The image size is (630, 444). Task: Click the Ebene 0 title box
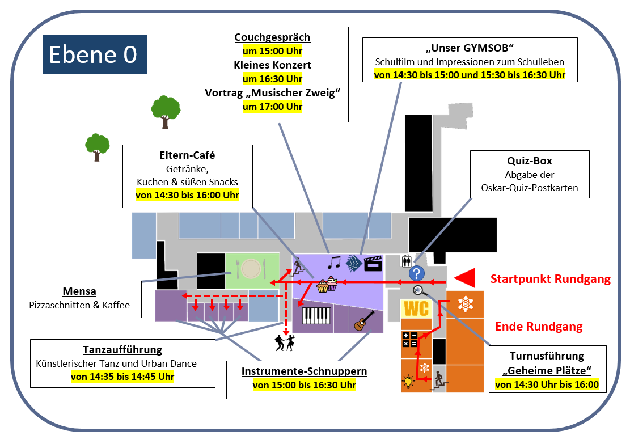(x=95, y=54)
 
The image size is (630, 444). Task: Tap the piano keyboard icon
(x=316, y=315)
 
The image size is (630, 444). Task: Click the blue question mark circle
(x=417, y=274)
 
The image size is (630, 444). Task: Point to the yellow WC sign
(x=416, y=309)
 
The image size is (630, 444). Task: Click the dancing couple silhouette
(x=285, y=342)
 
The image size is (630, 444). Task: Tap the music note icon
(x=334, y=263)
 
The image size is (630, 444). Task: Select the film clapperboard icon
(x=373, y=263)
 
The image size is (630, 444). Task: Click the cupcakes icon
(x=327, y=284)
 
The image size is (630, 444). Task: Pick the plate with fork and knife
(x=252, y=268)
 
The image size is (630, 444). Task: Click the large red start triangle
(x=464, y=278)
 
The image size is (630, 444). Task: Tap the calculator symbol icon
(x=410, y=340)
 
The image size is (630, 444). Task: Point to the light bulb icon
(x=408, y=380)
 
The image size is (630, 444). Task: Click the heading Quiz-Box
(x=530, y=160)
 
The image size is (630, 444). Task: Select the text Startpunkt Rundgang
(x=551, y=279)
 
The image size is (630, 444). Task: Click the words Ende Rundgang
(x=539, y=327)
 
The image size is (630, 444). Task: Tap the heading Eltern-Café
(x=187, y=155)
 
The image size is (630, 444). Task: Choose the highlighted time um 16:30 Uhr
(x=272, y=79)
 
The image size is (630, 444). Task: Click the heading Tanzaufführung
(x=122, y=349)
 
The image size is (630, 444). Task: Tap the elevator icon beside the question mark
(x=406, y=261)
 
